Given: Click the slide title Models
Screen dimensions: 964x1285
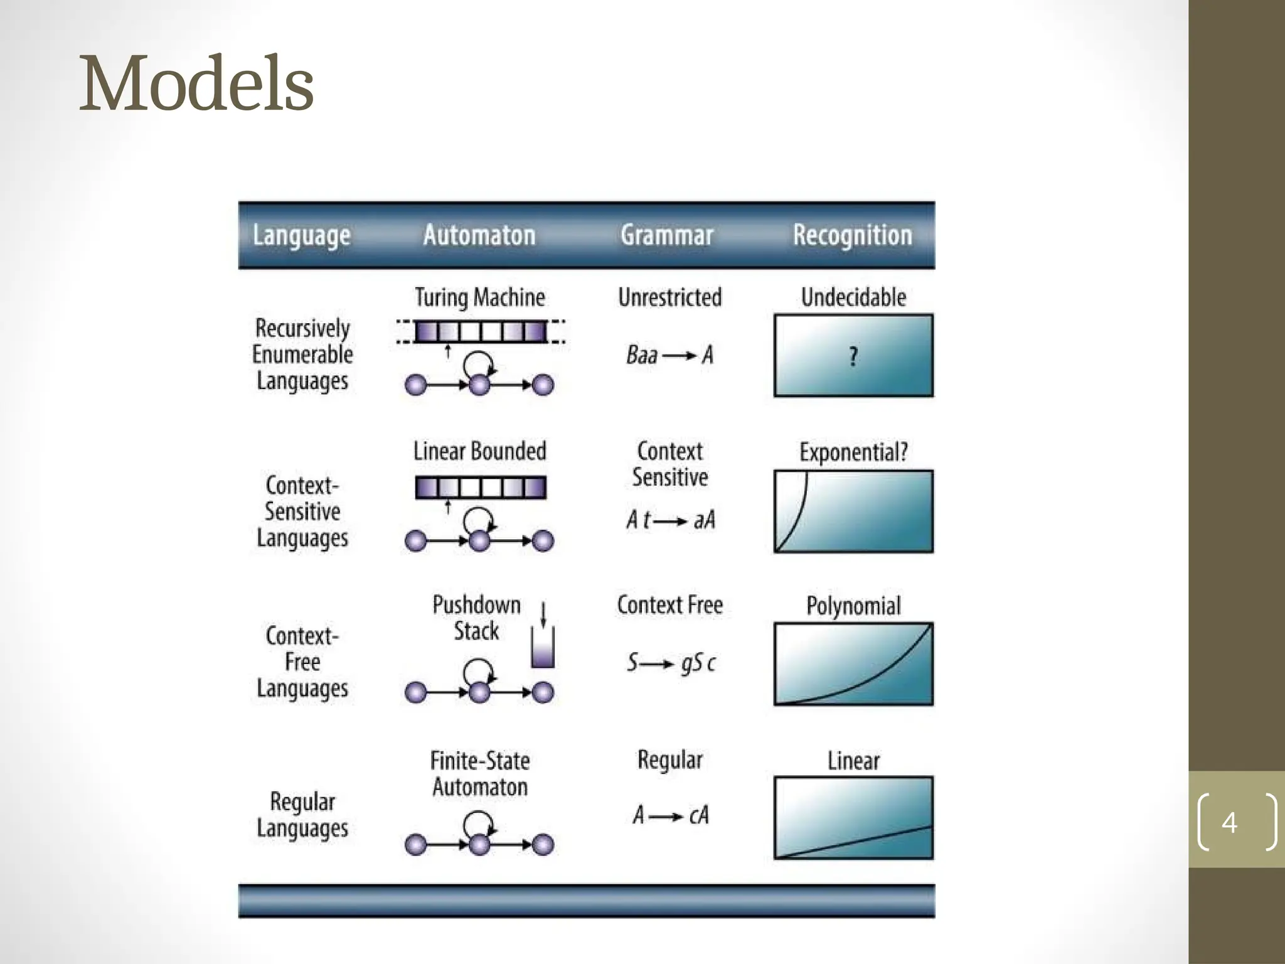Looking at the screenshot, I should pyautogui.click(x=196, y=84).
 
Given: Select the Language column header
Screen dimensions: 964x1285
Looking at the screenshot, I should pyautogui.click(x=301, y=236).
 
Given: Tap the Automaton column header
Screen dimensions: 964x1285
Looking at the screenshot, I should pyautogui.click(x=479, y=235).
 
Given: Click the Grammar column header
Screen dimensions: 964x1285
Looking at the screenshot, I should pyautogui.click(x=667, y=235).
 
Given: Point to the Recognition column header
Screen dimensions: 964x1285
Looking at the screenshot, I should pyautogui.click(x=852, y=235).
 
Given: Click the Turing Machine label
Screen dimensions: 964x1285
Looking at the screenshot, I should pyautogui.click(x=480, y=297).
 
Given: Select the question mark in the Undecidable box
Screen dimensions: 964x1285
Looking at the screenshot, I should pyautogui.click(x=853, y=356).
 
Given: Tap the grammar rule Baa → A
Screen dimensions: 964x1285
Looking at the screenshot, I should pyautogui.click(x=670, y=356).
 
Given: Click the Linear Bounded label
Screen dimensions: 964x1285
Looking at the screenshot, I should pyautogui.click(x=480, y=451).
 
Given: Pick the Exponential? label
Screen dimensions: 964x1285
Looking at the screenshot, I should pyautogui.click(x=853, y=452).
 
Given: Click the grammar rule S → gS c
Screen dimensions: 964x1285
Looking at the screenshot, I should pyautogui.click(x=670, y=663).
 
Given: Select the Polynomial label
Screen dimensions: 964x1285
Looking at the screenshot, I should pyautogui.click(x=853, y=606).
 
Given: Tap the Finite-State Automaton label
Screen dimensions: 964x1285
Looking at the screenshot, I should pyautogui.click(x=480, y=774).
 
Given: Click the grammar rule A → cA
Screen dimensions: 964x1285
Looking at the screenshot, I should pyautogui.click(x=670, y=815).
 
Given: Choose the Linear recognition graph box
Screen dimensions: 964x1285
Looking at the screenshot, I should pyautogui.click(x=853, y=818).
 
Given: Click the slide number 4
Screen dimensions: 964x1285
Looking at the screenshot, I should pyautogui.click(x=1229, y=822).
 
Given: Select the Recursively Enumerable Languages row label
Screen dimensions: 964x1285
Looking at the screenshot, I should pyautogui.click(x=302, y=355).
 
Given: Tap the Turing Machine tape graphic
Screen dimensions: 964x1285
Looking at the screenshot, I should pyautogui.click(x=481, y=331).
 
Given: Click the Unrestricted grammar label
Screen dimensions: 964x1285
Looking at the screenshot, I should pyautogui.click(x=670, y=297).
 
